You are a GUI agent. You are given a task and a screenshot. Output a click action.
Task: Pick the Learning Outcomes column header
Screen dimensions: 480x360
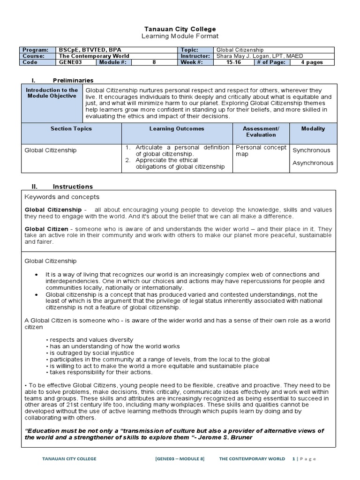point(177,128)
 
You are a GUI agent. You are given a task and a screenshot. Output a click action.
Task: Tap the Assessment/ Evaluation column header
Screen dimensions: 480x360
point(261,132)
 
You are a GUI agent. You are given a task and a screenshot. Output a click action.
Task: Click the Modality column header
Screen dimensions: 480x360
point(313,128)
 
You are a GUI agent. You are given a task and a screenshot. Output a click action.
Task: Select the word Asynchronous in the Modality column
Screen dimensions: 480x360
point(313,163)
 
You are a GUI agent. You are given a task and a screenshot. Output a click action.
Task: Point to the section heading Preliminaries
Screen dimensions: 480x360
point(73,80)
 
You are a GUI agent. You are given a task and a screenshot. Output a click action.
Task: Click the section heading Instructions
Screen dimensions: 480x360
point(73,186)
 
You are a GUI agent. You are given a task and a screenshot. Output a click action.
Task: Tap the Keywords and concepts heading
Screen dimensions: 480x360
point(62,197)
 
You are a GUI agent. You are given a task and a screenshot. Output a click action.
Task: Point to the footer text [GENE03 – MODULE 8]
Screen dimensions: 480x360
point(180,459)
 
